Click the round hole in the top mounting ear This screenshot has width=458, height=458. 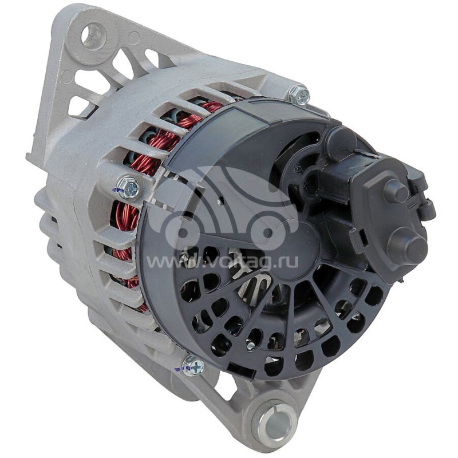coord(93,35)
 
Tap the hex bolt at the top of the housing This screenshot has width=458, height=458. coord(299,94)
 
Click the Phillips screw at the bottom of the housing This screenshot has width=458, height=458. coord(193,366)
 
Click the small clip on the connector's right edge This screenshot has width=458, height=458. coord(426,206)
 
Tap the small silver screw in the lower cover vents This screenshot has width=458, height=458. coord(250,345)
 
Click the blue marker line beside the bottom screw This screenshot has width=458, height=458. coord(179,370)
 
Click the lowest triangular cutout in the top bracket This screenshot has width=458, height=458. coord(80,106)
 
